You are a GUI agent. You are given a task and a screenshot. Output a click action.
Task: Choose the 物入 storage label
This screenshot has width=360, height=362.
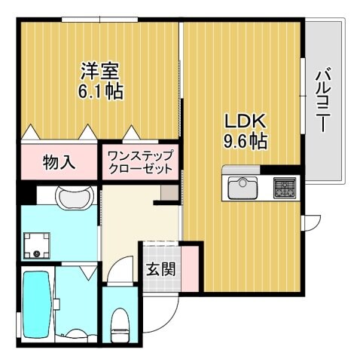tap(59, 161)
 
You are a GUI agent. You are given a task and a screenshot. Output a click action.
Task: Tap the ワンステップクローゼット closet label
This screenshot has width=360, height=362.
tap(140, 161)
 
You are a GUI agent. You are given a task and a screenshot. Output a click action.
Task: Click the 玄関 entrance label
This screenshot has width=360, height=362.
tap(158, 269)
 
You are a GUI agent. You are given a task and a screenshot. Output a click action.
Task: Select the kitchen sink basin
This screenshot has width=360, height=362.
tap(243, 186)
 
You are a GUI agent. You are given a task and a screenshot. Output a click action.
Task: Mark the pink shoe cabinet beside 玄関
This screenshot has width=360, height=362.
tap(191, 268)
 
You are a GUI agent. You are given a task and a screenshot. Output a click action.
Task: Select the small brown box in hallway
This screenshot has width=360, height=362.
tap(169, 195)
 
